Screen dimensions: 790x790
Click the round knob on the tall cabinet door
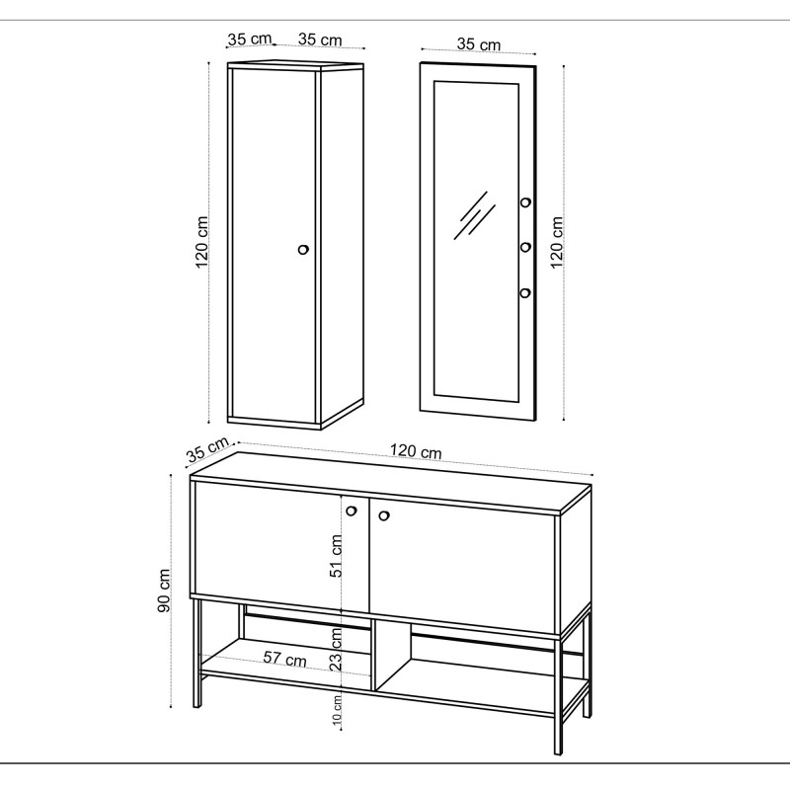click(x=303, y=250)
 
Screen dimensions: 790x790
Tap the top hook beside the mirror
click(x=525, y=202)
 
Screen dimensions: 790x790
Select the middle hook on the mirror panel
click(x=525, y=248)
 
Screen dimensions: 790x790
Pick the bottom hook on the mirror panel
click(x=525, y=292)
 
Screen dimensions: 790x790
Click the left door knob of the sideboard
click(x=352, y=511)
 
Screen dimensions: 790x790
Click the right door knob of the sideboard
click(x=384, y=515)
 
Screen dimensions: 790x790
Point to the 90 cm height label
click(x=164, y=591)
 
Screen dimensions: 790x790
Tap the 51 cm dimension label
click(x=337, y=556)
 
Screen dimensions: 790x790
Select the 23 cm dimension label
click(x=336, y=649)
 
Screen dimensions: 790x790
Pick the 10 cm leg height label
click(x=337, y=710)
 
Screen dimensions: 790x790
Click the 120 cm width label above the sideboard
click(x=416, y=451)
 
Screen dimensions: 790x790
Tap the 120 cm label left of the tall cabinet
click(x=201, y=242)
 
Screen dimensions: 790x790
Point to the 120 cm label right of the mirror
click(x=556, y=242)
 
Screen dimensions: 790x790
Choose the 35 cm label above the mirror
click(x=479, y=44)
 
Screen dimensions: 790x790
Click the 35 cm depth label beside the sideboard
click(x=207, y=449)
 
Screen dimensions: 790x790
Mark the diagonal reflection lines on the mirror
click(x=474, y=215)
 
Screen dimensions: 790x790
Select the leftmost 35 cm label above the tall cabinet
click(x=250, y=39)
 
